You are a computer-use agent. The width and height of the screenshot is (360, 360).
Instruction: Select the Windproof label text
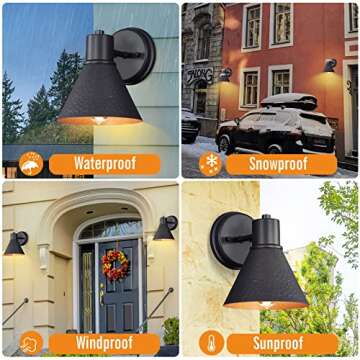104,343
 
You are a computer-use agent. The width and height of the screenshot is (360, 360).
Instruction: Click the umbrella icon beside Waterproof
30,163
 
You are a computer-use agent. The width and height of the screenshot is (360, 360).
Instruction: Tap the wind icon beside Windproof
30,343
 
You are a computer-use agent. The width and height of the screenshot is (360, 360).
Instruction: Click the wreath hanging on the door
115,264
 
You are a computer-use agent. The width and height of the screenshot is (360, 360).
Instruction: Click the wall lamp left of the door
17,243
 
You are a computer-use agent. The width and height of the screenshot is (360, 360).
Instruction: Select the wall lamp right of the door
165,229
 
